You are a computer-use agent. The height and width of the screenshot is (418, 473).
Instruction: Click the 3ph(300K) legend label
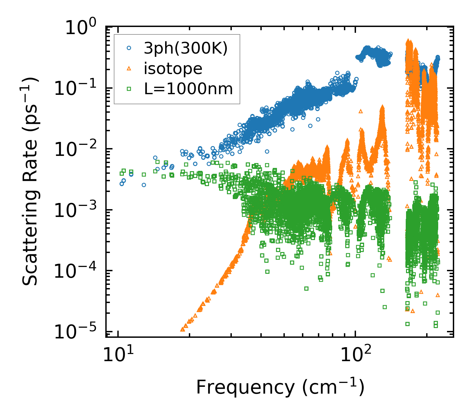(x=185, y=49)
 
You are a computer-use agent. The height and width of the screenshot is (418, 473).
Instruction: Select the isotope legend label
(x=173, y=69)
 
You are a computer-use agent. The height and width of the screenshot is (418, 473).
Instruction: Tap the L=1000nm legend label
(x=189, y=88)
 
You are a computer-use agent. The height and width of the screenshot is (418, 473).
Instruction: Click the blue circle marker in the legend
(x=129, y=48)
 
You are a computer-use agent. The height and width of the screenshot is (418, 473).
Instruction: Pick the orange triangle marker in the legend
(x=129, y=68)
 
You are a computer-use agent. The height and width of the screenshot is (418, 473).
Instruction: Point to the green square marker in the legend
(x=129, y=88)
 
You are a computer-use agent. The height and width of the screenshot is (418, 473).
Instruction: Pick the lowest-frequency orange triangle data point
(x=183, y=329)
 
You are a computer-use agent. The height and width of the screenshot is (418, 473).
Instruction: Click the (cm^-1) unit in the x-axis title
(x=333, y=386)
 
